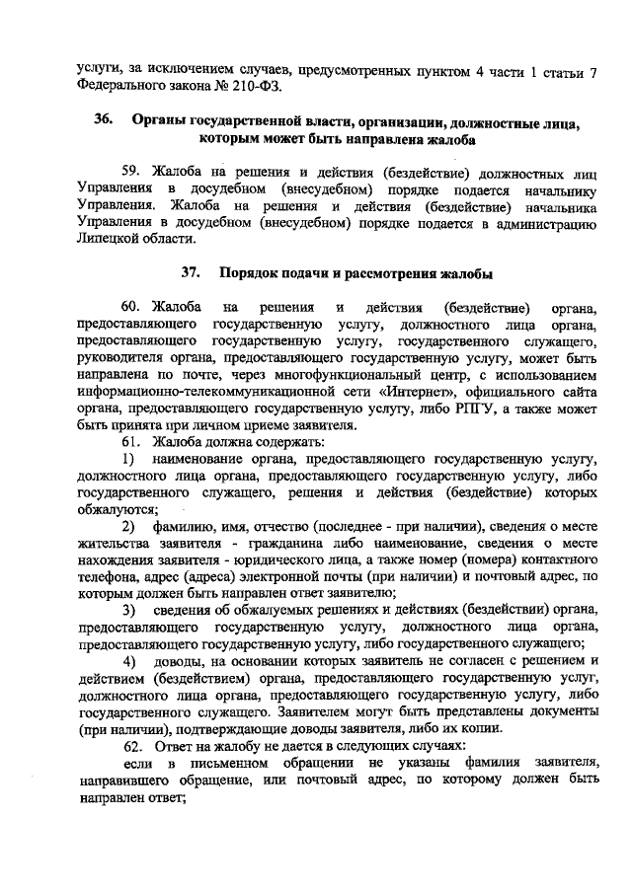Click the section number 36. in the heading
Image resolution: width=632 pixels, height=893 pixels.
click(104, 121)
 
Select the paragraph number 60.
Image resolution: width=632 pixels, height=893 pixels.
click(135, 305)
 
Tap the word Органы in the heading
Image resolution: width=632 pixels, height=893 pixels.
click(162, 121)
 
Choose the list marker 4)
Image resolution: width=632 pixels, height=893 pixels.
click(128, 660)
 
